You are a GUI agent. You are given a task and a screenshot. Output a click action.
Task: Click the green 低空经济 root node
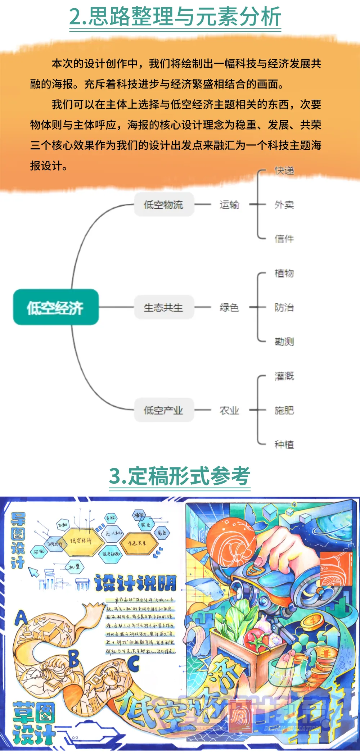[x=56, y=307]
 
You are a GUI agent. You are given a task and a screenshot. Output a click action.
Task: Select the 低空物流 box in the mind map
[x=164, y=204]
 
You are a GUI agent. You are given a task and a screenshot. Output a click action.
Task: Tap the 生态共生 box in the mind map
[x=164, y=307]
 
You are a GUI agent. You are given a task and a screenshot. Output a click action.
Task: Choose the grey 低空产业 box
[x=164, y=410]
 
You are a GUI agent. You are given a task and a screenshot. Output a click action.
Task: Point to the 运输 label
[x=229, y=204]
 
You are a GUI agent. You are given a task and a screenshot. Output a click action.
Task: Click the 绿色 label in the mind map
[x=229, y=307]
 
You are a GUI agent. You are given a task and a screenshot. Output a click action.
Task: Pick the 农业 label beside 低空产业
[x=229, y=410]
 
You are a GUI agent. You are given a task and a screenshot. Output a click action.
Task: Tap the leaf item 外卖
[x=284, y=204]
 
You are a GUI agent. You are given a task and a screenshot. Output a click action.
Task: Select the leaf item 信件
[x=284, y=239]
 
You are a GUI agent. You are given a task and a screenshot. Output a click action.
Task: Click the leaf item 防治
[x=284, y=307]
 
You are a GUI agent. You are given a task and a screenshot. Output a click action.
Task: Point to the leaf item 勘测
[x=284, y=341]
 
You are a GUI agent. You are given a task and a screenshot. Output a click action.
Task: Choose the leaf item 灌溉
[x=284, y=376]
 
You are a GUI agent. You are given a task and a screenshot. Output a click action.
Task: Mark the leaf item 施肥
[x=284, y=410]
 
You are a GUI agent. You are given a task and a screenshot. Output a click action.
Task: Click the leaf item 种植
[x=284, y=444]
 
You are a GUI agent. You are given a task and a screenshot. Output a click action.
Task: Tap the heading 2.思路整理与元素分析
[x=175, y=17]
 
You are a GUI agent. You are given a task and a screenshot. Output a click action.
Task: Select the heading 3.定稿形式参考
[x=179, y=476]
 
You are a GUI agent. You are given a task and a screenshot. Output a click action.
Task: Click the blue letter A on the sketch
[x=21, y=618]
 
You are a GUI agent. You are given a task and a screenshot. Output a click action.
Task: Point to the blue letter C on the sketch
[x=133, y=663]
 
